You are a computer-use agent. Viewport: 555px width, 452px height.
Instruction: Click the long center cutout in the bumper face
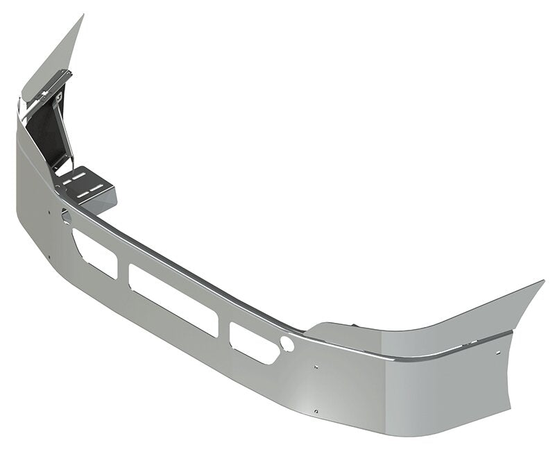(173, 300)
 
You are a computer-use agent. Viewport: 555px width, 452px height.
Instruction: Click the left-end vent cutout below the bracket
(95, 253)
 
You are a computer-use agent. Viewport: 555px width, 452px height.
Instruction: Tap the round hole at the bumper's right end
(287, 344)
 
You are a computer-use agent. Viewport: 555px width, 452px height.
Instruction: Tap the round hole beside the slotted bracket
(66, 216)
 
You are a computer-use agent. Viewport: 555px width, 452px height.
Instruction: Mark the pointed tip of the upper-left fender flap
(83, 16)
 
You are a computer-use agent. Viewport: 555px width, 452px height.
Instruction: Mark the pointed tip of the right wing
(543, 282)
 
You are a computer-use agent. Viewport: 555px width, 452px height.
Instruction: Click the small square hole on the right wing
(497, 353)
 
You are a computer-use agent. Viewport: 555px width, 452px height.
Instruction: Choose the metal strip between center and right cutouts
(225, 328)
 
